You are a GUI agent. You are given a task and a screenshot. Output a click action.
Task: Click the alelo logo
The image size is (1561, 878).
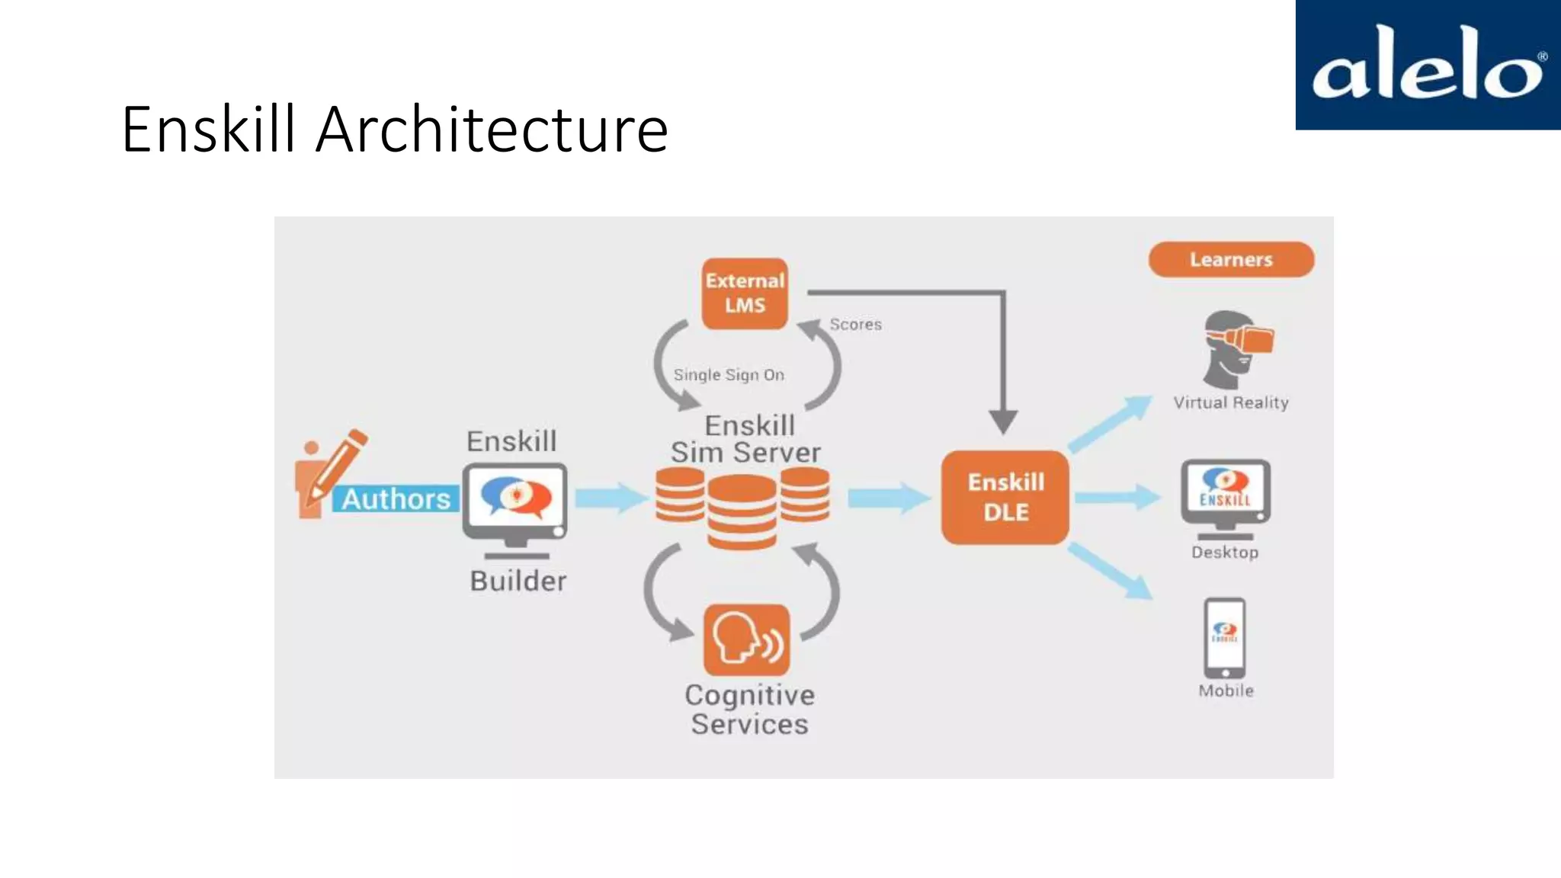[1428, 65]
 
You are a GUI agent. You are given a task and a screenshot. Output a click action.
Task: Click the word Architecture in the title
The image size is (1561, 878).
[492, 130]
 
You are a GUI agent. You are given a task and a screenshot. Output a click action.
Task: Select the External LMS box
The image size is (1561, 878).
[745, 293]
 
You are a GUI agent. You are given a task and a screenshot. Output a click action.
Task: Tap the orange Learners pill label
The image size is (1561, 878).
[1231, 260]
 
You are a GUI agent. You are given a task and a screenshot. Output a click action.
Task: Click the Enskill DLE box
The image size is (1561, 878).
[1005, 497]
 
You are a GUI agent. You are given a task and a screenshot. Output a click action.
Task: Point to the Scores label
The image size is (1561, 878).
[855, 325]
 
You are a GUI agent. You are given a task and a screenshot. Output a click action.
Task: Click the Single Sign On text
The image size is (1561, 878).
[729, 375]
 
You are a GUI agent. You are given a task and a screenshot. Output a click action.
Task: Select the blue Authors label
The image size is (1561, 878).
[396, 499]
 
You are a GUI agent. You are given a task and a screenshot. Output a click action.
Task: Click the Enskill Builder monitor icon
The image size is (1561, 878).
[515, 503]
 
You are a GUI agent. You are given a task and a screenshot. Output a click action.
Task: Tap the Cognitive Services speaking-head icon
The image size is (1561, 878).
[746, 640]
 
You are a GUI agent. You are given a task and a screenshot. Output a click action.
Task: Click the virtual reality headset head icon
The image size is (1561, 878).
[1235, 348]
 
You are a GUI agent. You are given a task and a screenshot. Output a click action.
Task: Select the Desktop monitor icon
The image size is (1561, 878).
[1225, 495]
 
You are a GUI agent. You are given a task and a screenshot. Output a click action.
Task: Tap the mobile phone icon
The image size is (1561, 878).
[1224, 638]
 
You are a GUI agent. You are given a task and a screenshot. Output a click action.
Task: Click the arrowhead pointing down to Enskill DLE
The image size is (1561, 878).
[1003, 421]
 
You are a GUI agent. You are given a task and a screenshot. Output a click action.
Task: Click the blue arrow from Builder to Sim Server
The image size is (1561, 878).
[611, 498]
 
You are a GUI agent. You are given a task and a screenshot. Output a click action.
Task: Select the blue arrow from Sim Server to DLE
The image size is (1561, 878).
[888, 498]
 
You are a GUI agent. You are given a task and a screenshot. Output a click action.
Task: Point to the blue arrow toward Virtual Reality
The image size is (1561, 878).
[1110, 424]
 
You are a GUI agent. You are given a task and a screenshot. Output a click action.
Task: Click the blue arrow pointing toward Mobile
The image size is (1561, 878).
[1110, 571]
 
